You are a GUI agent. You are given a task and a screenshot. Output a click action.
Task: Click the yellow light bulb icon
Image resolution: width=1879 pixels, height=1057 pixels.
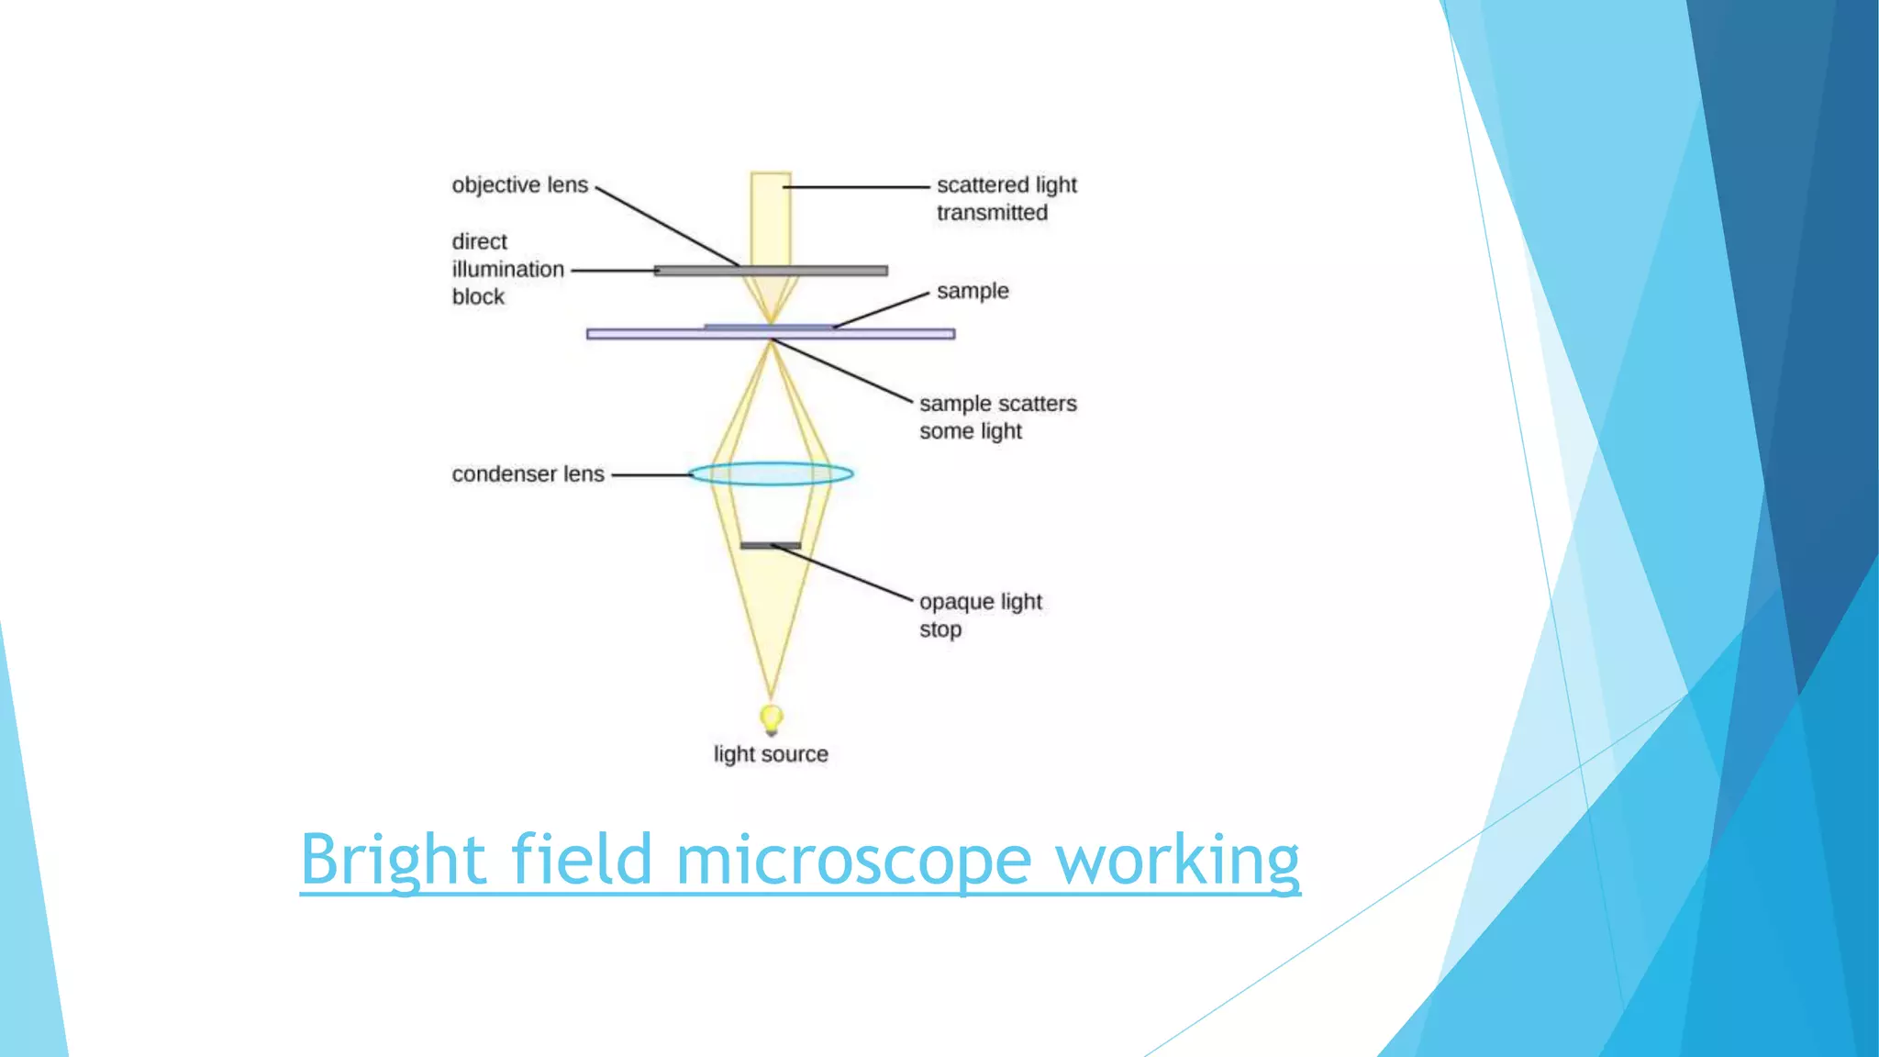pos(772,718)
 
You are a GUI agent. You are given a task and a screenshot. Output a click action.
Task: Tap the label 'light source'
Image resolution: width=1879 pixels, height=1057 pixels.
pos(771,754)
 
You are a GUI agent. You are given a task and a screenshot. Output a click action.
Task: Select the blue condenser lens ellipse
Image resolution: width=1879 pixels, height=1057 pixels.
pos(771,473)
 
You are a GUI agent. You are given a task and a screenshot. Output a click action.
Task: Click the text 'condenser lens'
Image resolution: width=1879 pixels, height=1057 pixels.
pos(528,474)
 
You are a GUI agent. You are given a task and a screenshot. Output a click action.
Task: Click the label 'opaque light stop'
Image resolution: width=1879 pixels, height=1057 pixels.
pos(980,615)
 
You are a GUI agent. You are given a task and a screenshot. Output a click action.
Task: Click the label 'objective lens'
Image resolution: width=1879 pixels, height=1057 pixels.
pos(519,185)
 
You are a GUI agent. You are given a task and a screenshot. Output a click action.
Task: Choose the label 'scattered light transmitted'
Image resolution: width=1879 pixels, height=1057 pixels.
pos(1006,198)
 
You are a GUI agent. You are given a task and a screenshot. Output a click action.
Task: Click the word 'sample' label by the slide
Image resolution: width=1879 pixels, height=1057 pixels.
pos(973,292)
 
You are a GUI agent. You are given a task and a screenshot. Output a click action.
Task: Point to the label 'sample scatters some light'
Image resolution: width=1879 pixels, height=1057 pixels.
pos(997,417)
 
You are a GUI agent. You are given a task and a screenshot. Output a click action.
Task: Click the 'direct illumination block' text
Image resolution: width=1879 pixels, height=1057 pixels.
pos(506,269)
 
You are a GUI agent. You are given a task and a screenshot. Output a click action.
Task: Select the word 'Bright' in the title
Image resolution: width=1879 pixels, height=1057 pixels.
pos(393,860)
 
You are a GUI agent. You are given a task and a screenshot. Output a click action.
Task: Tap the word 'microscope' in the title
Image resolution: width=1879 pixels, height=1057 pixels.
pos(853,860)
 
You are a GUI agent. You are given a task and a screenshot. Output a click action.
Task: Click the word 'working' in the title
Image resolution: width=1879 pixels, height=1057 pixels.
pos(1177,860)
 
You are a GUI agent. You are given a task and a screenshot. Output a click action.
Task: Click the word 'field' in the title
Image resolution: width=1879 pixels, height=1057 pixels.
pos(580,860)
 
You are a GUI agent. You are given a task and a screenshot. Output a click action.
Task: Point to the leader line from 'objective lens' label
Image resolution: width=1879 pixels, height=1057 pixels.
pos(667,227)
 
